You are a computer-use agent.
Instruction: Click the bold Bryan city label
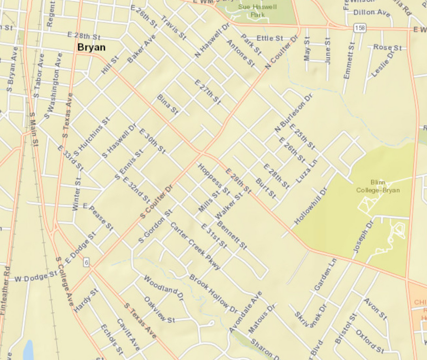point(91,47)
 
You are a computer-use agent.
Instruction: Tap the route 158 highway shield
point(360,28)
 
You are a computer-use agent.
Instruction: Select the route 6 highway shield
point(86,262)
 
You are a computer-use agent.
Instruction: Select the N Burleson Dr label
point(293,113)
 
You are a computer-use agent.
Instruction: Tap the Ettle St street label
point(270,38)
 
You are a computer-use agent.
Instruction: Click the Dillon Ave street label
point(372,13)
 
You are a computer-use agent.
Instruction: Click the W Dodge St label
point(36,277)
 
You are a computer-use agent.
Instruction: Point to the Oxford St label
point(370,341)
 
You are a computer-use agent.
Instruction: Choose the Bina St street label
point(168,104)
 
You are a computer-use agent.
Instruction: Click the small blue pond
point(28,350)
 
